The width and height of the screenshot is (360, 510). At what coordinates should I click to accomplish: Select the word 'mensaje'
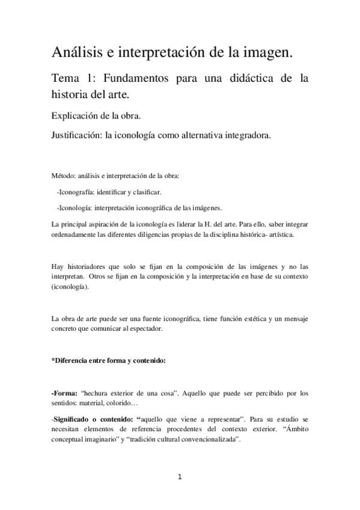click(294, 318)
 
